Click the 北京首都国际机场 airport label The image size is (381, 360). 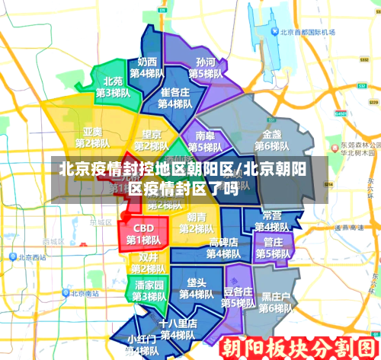coord(308,33)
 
